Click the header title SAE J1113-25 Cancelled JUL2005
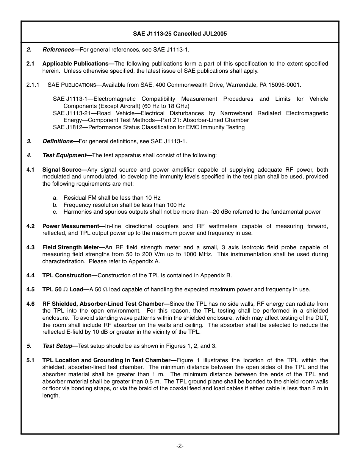tap(180, 34)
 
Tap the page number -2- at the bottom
tap(180, 446)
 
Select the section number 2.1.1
tap(33, 85)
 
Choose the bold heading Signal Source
tap(63, 170)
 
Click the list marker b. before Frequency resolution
tap(55, 205)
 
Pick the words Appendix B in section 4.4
tap(217, 275)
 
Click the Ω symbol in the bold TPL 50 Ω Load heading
tap(65, 290)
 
